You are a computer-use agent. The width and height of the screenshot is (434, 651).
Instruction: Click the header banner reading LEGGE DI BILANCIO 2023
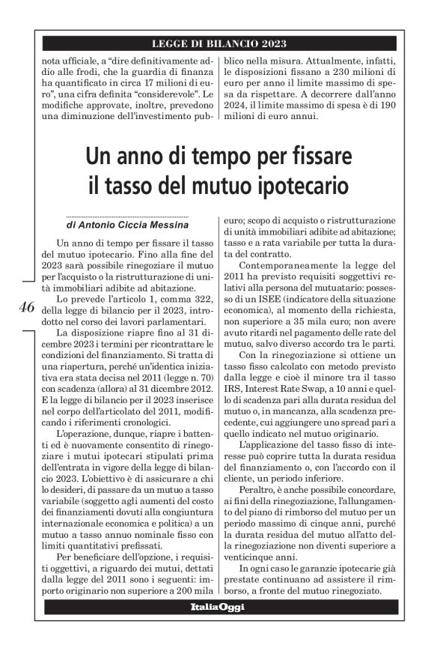pos(218,43)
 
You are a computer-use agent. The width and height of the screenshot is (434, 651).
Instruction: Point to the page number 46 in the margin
pos(25,308)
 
